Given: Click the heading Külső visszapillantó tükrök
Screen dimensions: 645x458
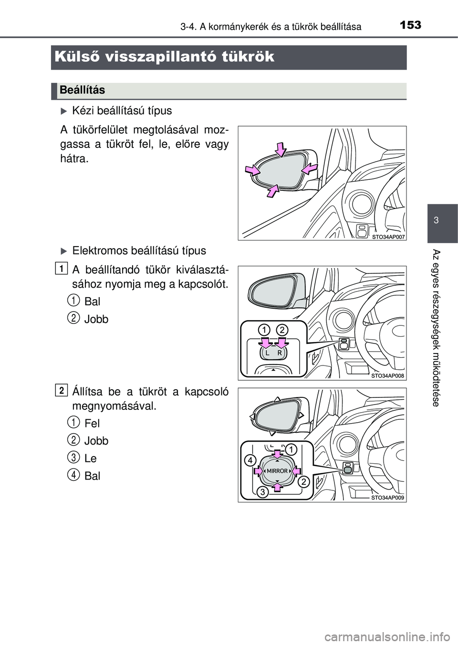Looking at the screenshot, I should point(165,57).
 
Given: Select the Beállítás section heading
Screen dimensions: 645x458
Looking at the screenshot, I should point(83,90).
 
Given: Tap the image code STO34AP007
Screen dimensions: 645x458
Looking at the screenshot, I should point(387,236).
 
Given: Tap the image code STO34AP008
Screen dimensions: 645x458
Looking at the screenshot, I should point(387,376).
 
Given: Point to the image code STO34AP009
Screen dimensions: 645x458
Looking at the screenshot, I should point(387,498).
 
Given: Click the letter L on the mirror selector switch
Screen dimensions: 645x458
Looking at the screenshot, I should point(268,354).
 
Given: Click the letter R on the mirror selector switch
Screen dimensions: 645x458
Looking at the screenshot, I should point(280,354).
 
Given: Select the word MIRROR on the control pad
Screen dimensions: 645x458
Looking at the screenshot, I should point(277,471).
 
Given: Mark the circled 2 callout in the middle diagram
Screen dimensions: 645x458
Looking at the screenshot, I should point(282,329).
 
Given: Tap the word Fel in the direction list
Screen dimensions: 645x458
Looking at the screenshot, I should point(92,423).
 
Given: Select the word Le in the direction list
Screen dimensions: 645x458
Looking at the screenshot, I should point(90,458).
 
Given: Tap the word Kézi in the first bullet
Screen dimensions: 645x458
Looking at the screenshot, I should point(83,111).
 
